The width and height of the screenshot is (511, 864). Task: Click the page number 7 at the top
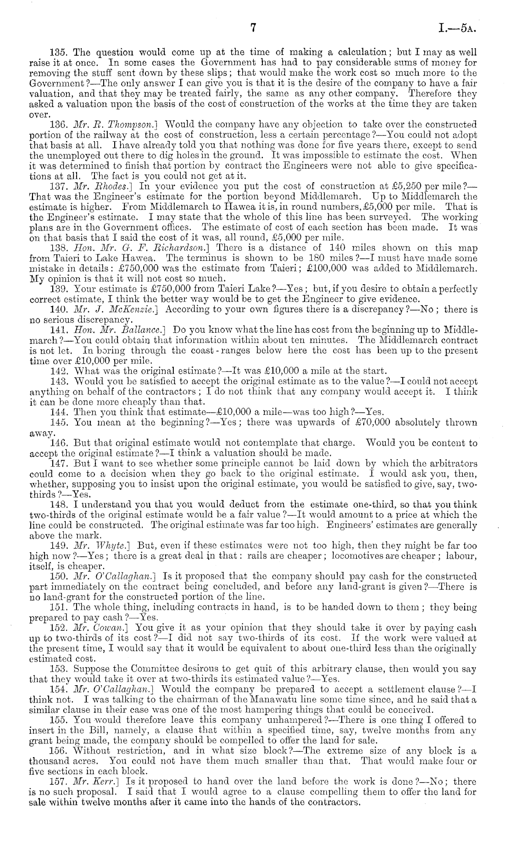(253, 28)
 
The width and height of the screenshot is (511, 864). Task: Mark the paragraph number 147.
(57, 464)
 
